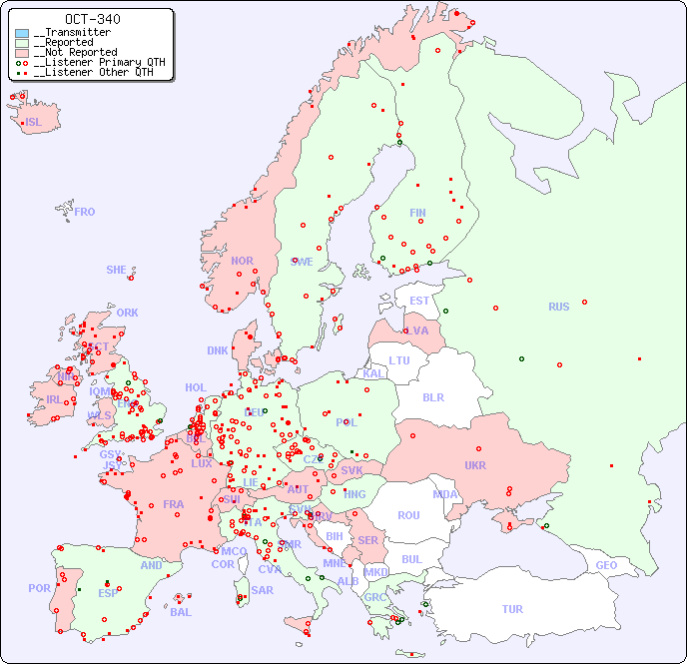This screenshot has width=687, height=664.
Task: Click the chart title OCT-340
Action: pos(92,19)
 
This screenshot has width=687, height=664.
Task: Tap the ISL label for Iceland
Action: pos(34,123)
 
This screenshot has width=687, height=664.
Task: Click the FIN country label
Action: pos(417,213)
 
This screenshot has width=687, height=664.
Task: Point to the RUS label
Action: pos(558,307)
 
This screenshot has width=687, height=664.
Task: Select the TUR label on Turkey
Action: pos(512,609)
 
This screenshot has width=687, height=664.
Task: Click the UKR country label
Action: pos(474,465)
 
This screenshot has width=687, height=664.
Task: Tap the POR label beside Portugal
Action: pos(39,588)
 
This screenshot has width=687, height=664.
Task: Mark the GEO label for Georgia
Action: pos(606,565)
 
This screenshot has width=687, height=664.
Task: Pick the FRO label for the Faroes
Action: pos(85,212)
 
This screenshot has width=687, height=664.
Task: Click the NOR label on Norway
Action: pos(242,261)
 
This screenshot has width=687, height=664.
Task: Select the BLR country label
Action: pos(432,396)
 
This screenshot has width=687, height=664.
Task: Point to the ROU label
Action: pos(408,515)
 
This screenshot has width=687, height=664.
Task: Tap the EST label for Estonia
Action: pos(419,301)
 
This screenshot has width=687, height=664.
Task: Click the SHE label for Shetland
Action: pos(117,270)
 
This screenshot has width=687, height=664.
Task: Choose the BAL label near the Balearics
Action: pos(180,612)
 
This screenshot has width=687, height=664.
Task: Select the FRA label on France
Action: pos(174,504)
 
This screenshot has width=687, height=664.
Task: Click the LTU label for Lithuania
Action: pos(399,360)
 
